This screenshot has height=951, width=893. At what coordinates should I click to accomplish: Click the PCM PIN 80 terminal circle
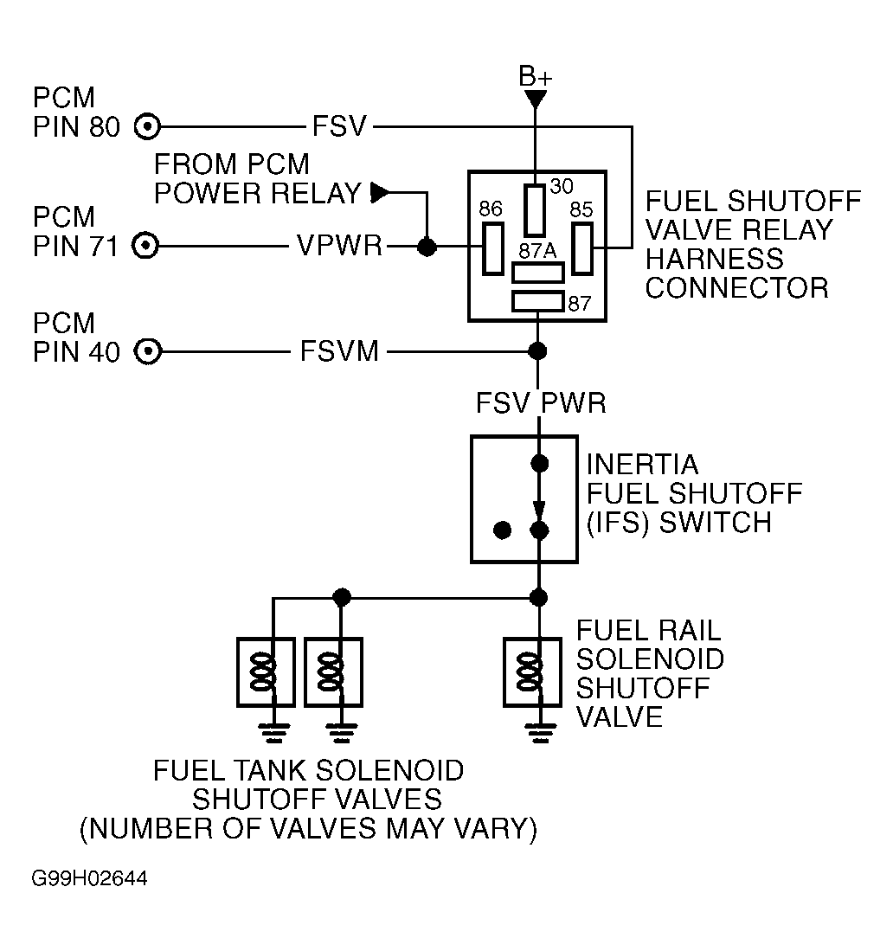pyautogui.click(x=147, y=127)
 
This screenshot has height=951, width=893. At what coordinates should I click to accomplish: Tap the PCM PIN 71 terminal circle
pyautogui.click(x=145, y=246)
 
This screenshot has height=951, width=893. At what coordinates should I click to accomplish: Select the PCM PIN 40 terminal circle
pyautogui.click(x=147, y=352)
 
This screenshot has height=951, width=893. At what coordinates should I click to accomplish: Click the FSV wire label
pyautogui.click(x=339, y=126)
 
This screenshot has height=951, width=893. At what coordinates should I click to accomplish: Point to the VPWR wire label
pyautogui.click(x=340, y=246)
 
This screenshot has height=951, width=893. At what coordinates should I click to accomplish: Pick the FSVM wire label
pyautogui.click(x=339, y=351)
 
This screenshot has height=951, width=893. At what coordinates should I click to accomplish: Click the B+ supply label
pyautogui.click(x=536, y=77)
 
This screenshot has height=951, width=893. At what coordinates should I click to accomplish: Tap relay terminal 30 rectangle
pyautogui.click(x=535, y=210)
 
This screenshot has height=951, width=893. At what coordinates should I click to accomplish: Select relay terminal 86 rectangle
pyautogui.click(x=492, y=248)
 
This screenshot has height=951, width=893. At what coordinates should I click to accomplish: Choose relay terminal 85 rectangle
pyautogui.click(x=581, y=248)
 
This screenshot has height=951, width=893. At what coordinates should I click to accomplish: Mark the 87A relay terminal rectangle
pyautogui.click(x=537, y=273)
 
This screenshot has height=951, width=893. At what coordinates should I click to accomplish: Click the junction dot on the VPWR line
pyautogui.click(x=427, y=247)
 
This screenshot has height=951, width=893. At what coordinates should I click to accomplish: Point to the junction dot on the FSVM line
pyautogui.click(x=537, y=351)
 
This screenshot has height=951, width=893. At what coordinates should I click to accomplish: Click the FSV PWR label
pyautogui.click(x=541, y=403)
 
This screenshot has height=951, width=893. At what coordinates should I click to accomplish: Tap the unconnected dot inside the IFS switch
pyautogui.click(x=502, y=530)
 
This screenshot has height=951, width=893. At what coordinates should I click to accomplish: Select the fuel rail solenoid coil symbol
pyautogui.click(x=530, y=672)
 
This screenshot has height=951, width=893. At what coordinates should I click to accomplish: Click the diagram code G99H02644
pyautogui.click(x=89, y=879)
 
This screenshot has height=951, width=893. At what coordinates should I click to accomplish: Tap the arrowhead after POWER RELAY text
pyautogui.click(x=380, y=193)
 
